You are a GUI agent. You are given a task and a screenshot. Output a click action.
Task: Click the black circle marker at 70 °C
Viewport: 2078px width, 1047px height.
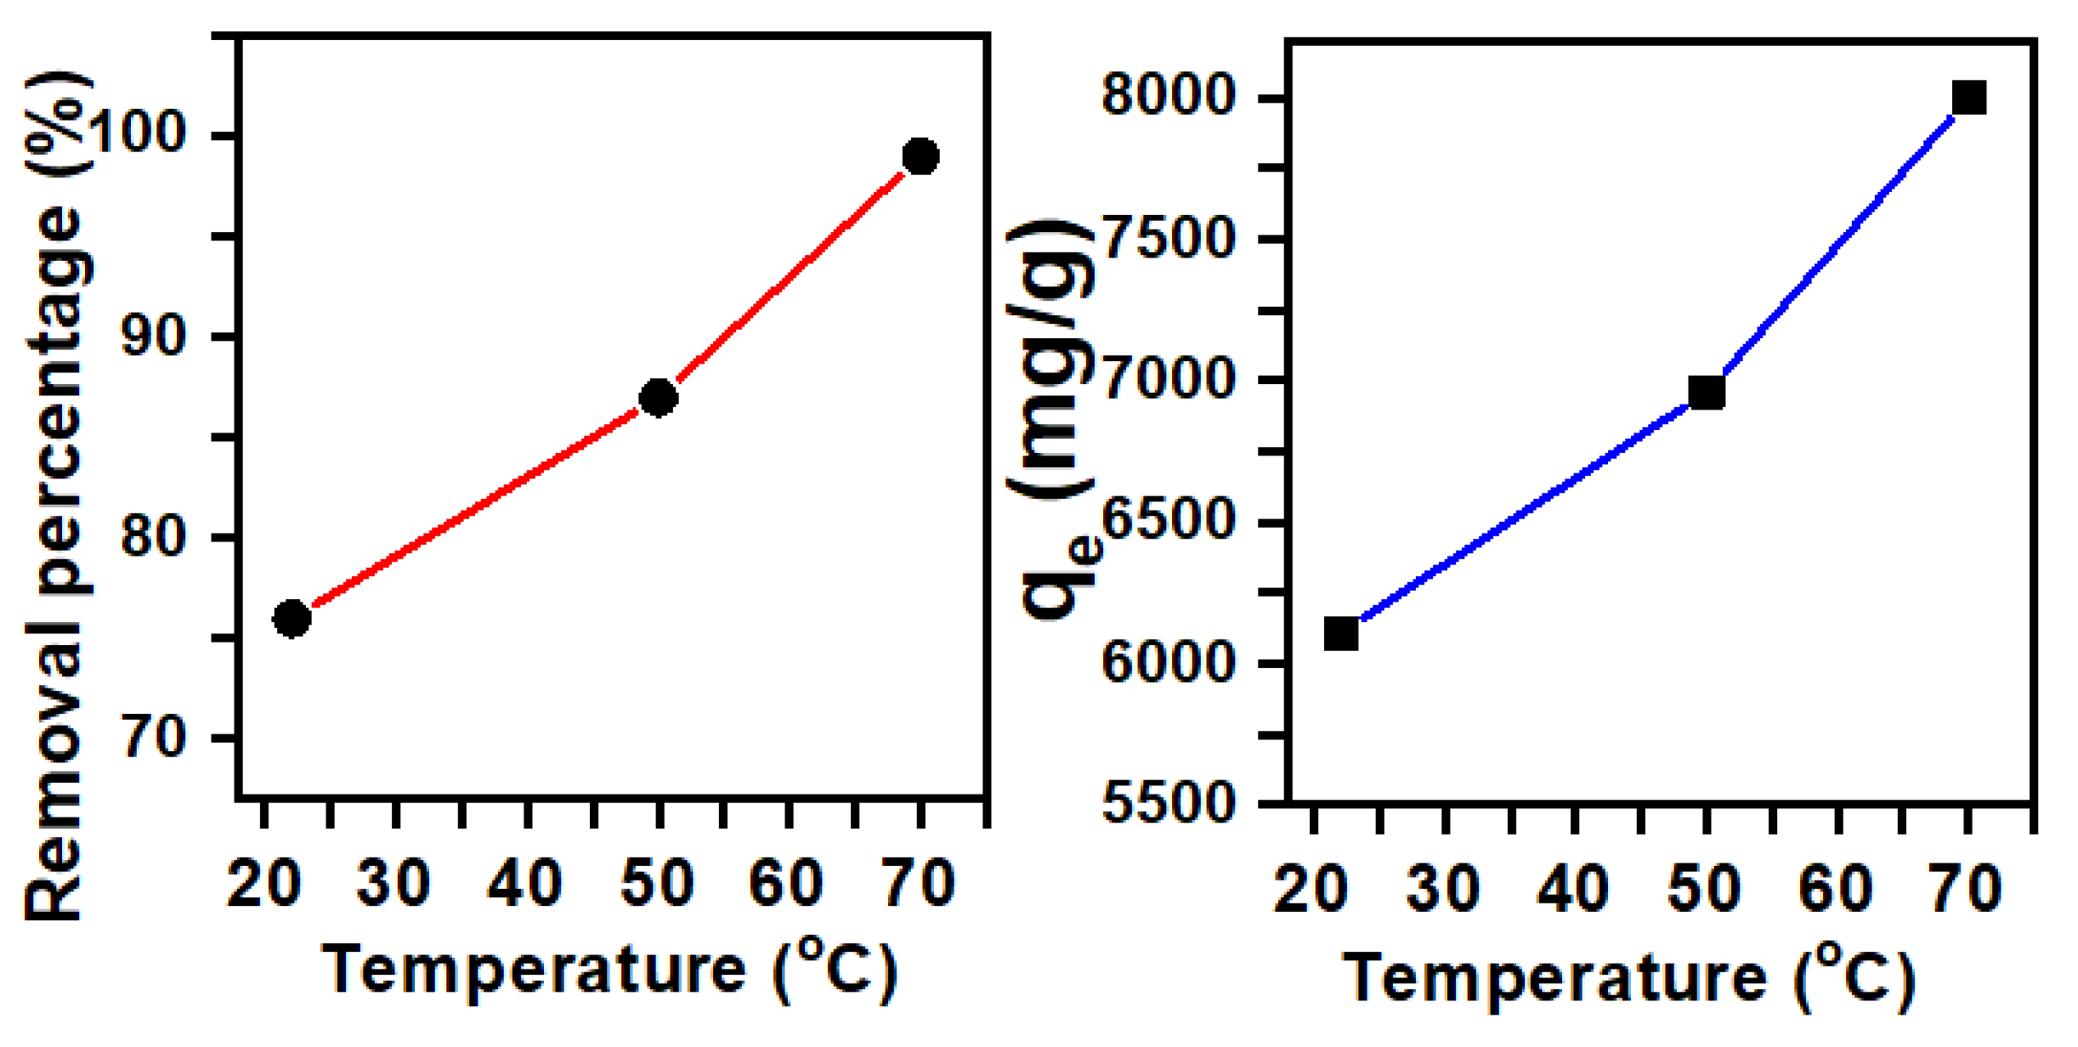coord(920,156)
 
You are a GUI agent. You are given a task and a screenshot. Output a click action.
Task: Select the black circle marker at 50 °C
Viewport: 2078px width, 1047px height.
coord(658,398)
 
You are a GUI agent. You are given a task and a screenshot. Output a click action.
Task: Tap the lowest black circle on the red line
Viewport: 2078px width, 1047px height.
coord(292,619)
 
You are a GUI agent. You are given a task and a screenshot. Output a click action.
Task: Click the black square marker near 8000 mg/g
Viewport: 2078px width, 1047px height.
coord(1968,98)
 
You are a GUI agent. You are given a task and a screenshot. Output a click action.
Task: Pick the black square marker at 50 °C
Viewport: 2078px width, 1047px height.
coord(1706,393)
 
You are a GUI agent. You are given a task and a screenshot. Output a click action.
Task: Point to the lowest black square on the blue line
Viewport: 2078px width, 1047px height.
coord(1341,634)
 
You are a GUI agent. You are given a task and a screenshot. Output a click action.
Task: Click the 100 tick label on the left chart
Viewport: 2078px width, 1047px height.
coord(136,133)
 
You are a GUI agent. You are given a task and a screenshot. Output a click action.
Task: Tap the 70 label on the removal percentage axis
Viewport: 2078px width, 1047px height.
coord(153,737)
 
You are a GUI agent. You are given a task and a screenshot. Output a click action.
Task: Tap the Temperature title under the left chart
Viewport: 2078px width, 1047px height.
coord(609,970)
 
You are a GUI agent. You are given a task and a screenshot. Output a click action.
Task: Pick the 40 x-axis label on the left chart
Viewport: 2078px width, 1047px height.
coord(524,883)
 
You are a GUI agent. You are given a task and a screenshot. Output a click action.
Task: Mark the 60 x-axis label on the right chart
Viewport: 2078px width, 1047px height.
coord(1836,890)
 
